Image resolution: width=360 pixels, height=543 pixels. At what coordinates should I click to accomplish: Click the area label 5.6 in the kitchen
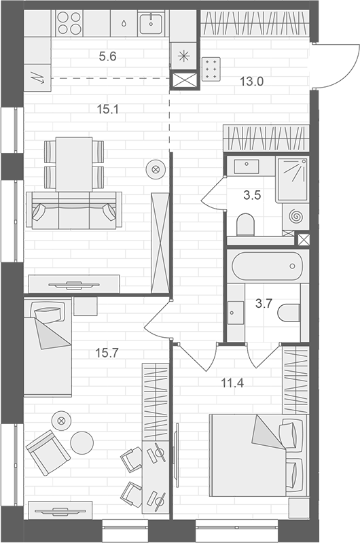click(108, 57)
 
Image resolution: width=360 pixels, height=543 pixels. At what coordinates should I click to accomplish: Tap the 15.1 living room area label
click(108, 107)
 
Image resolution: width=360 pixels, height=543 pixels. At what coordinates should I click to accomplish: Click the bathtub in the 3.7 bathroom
click(266, 266)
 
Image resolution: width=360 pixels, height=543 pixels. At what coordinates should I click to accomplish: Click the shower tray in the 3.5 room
click(293, 179)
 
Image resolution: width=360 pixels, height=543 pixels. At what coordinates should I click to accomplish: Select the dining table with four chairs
click(73, 164)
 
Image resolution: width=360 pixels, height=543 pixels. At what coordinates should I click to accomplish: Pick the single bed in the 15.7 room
click(48, 347)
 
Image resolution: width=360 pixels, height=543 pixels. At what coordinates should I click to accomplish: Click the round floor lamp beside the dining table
click(156, 169)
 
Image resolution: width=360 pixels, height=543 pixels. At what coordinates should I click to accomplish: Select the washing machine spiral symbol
click(297, 217)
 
